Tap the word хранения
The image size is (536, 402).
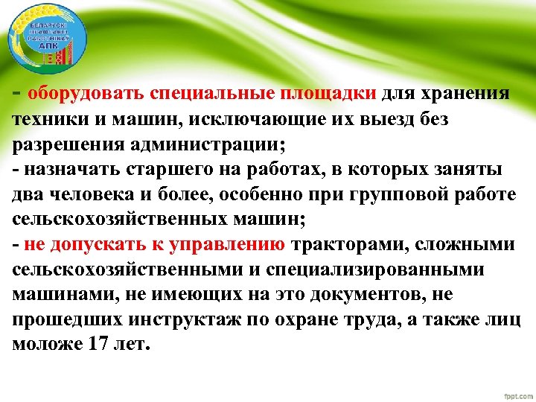click(466, 95)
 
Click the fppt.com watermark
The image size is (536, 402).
click(509, 392)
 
